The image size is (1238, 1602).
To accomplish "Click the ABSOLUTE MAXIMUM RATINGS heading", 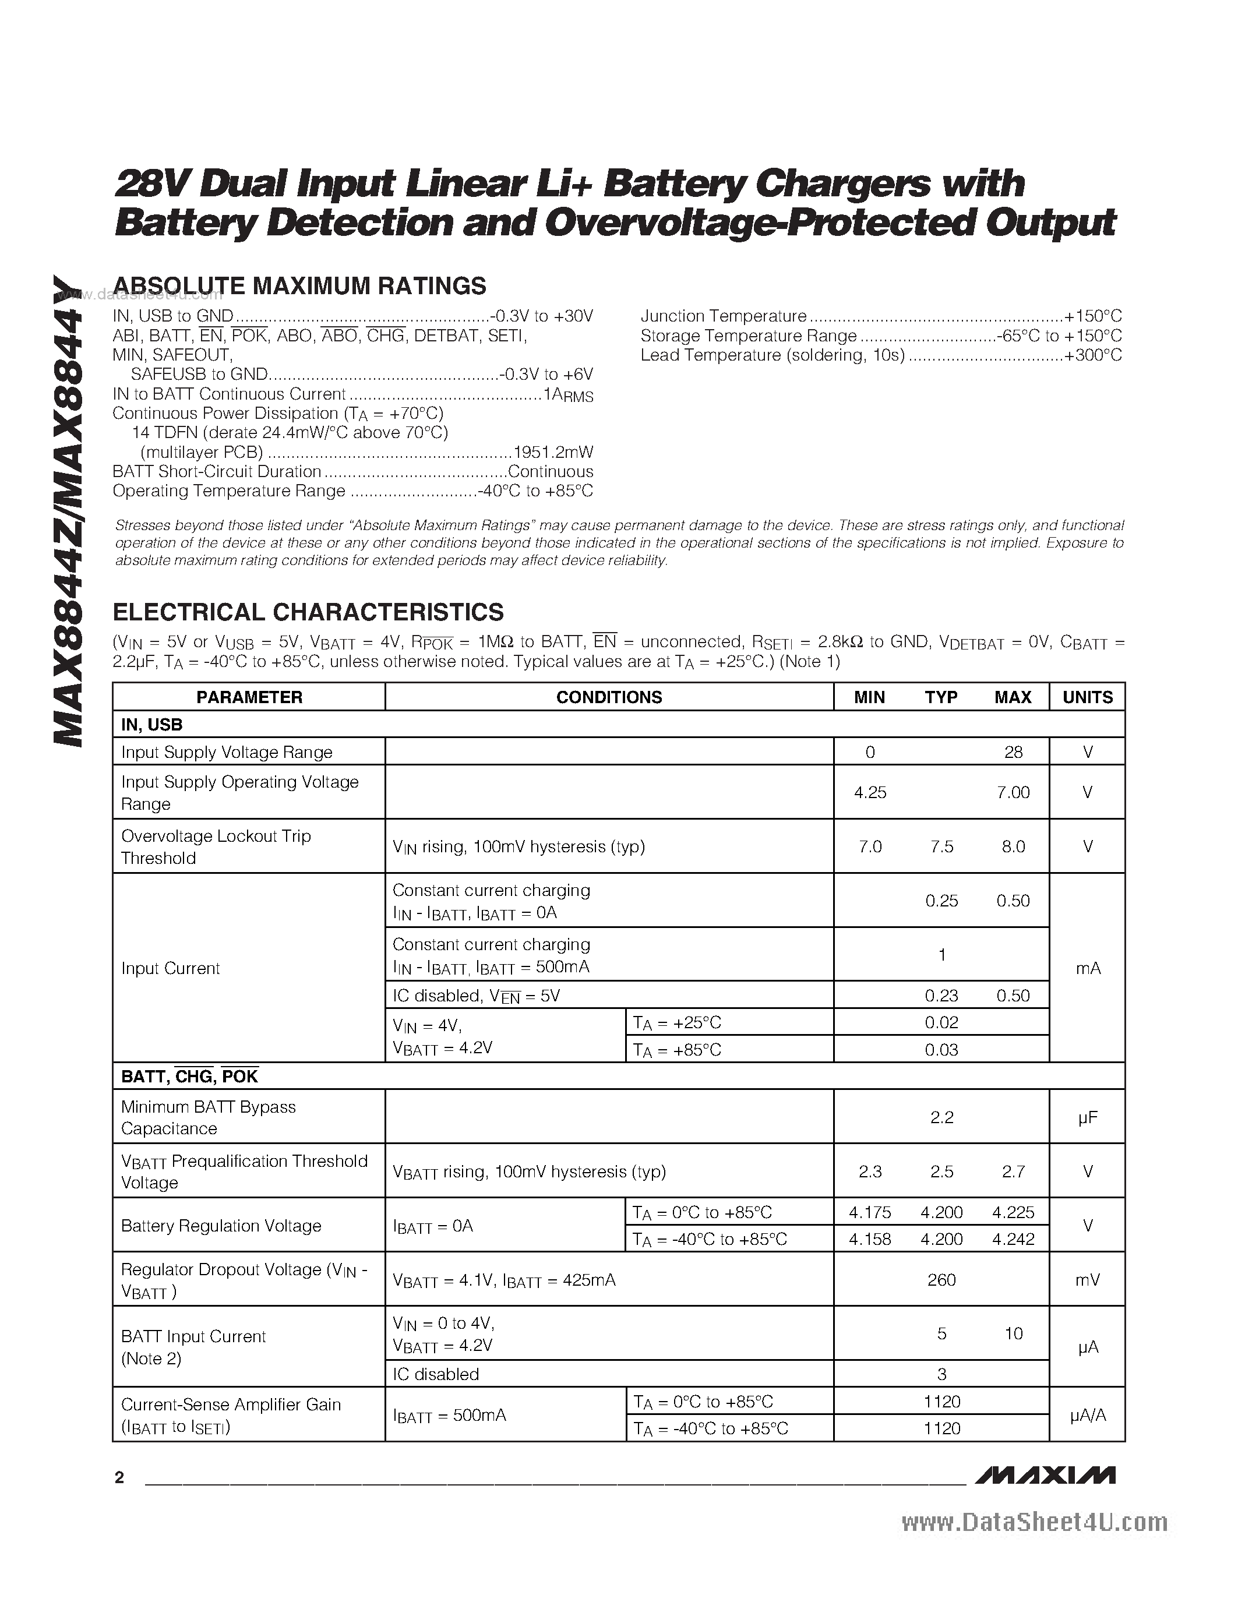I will tap(299, 286).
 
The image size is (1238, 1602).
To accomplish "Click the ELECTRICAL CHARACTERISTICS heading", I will tap(308, 612).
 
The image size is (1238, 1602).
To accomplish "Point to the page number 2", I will tap(119, 1478).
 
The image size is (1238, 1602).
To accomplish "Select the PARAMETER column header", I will tap(249, 697).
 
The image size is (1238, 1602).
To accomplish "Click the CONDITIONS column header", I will tap(609, 697).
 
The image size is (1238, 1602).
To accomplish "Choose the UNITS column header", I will tap(1088, 697).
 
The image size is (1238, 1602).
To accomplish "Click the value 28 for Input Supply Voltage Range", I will tap(1013, 752).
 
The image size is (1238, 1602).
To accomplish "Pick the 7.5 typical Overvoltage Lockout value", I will tap(941, 846).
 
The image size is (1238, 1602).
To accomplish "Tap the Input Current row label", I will tap(170, 968).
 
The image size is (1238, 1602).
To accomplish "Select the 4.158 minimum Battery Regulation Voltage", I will tap(870, 1239).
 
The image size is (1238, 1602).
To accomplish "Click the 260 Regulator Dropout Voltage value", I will tap(941, 1279).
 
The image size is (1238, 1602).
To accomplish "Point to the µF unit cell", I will tap(1088, 1117).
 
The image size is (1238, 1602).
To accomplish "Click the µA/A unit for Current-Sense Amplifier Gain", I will tap(1088, 1414).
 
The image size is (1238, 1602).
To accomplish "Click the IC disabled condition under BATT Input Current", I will tap(436, 1374).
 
